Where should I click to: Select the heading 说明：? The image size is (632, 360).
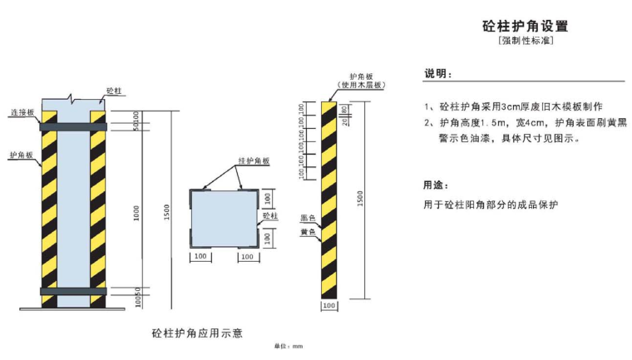coord(438,75)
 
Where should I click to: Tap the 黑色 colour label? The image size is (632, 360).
coord(307,218)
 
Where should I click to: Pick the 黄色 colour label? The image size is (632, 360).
coord(307,232)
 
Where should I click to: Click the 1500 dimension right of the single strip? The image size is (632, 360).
coord(360,199)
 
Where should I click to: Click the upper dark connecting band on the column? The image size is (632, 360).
coord(73,126)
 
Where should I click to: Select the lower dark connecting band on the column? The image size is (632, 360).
coord(73,291)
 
